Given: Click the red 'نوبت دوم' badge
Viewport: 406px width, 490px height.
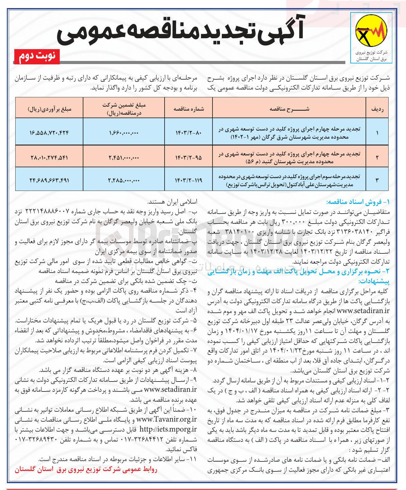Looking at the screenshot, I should click(x=37, y=56).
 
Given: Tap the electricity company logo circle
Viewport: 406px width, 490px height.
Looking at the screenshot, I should click(x=371, y=30).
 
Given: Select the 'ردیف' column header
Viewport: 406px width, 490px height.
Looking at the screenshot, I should click(x=377, y=109).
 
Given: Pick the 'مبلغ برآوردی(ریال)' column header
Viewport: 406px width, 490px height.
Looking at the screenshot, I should click(x=49, y=109).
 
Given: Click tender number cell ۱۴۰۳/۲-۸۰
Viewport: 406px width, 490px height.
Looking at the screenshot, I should click(x=189, y=133).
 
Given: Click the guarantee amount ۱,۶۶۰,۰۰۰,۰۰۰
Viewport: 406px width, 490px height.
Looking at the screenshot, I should click(x=124, y=133).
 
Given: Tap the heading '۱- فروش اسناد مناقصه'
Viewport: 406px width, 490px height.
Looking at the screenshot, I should click(x=358, y=202).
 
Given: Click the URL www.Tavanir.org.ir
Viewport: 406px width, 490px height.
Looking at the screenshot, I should click(x=167, y=419).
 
